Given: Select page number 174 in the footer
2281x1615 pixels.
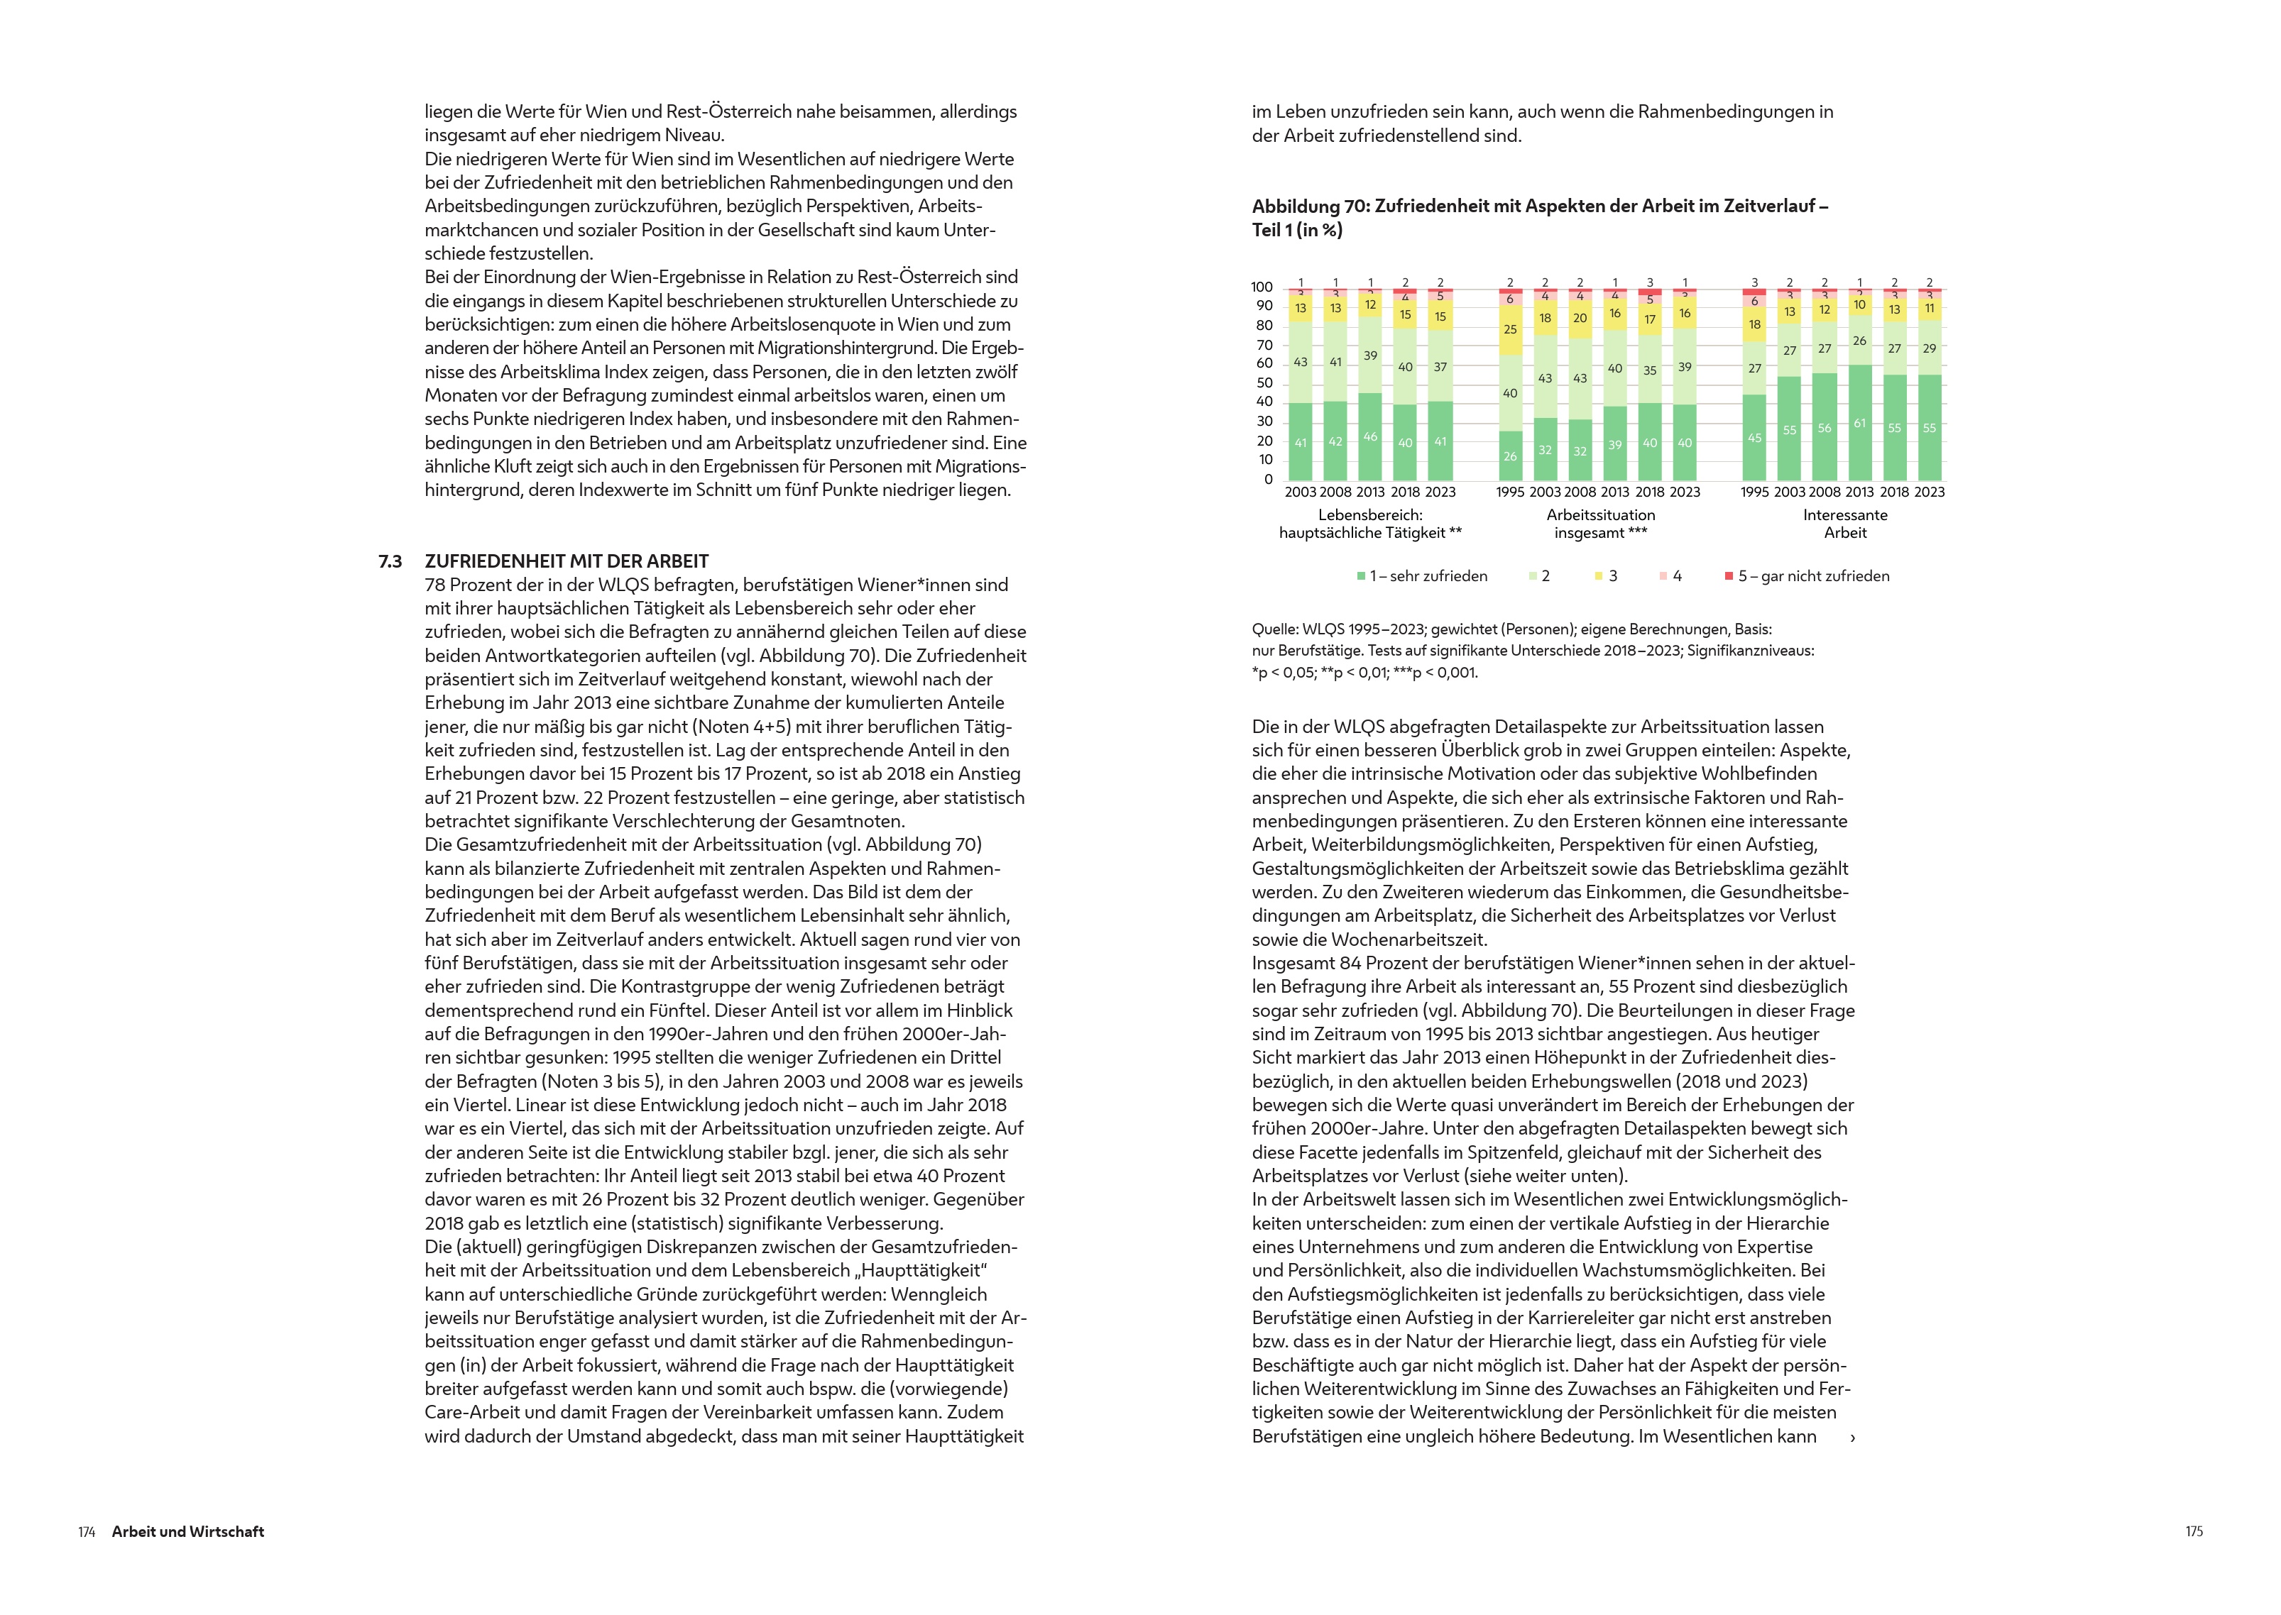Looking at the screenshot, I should [x=87, y=1531].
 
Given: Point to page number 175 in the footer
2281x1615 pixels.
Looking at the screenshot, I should [x=2194, y=1531].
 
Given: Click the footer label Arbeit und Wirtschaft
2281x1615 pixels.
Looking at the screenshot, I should [x=188, y=1531].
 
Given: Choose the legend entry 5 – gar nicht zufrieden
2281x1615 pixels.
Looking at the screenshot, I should [x=1812, y=575].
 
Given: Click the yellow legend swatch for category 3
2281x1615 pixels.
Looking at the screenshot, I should [x=1599, y=575].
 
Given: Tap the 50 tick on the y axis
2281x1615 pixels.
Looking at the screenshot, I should [x=1264, y=383].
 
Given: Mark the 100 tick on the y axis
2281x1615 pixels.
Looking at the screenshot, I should [x=1262, y=287].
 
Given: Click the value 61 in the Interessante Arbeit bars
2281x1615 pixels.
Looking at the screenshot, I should [x=1859, y=424].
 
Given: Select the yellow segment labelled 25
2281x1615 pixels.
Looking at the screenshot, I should [x=1510, y=330].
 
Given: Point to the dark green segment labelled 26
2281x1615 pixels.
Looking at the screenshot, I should [x=1510, y=456].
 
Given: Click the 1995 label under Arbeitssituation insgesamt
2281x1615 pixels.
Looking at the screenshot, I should [x=1510, y=492].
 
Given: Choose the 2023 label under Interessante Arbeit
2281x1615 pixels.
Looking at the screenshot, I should [x=1929, y=492].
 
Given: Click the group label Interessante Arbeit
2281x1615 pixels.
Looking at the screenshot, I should [x=1845, y=524].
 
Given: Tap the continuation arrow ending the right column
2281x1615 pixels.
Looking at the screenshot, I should [x=1852, y=1438].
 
